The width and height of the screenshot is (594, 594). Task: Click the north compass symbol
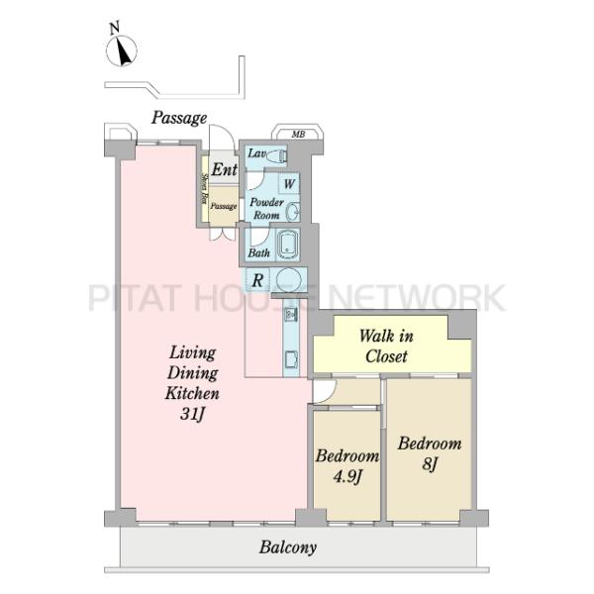[x=121, y=51]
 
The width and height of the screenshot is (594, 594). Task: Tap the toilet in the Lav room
[x=277, y=155]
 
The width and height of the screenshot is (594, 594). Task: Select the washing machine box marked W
[x=289, y=184]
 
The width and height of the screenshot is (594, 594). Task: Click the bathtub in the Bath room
[x=289, y=245]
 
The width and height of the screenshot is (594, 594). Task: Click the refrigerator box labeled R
[x=257, y=280]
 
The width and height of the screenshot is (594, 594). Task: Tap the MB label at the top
[x=298, y=134]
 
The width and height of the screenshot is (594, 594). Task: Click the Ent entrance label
[x=225, y=169]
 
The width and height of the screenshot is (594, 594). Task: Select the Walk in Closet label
[x=386, y=346]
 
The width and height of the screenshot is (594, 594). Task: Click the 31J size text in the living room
[x=192, y=414]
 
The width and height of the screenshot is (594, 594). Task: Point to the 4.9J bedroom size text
[x=346, y=477]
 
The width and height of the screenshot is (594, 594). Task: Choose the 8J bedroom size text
[x=430, y=464]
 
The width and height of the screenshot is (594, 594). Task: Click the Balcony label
[x=287, y=547]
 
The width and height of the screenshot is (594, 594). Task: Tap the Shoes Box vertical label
[x=205, y=188]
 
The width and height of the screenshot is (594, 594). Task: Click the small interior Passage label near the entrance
[x=224, y=206]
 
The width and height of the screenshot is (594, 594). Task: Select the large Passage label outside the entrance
[x=179, y=118]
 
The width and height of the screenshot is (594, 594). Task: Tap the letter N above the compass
[x=115, y=29]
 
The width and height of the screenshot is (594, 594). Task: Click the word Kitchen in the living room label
[x=192, y=393]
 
